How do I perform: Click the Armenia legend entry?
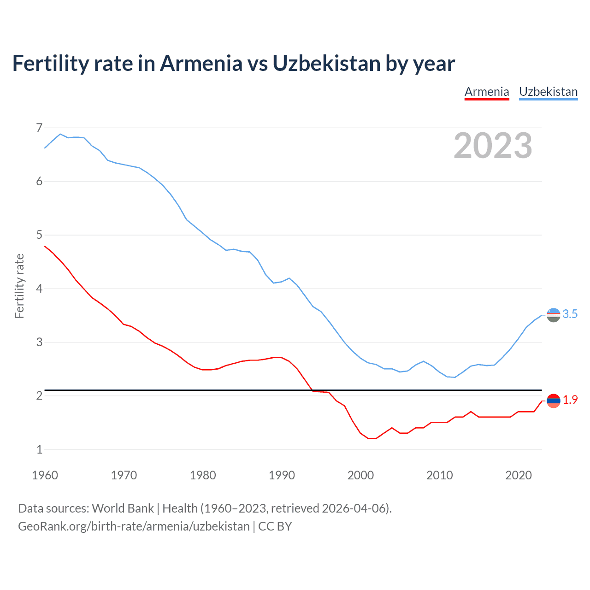point(486,92)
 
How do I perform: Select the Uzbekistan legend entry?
point(548,92)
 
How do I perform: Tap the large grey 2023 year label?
point(493,146)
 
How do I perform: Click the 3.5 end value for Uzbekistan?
point(570,314)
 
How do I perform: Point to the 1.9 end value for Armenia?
point(570,400)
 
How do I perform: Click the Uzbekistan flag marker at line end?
point(553,315)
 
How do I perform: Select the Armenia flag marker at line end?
point(553,401)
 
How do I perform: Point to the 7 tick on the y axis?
point(39,128)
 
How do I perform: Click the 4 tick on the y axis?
point(39,289)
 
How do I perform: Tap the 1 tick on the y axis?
point(39,449)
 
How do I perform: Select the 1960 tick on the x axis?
point(45,475)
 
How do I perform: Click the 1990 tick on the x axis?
point(282,475)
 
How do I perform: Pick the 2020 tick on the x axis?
point(519,475)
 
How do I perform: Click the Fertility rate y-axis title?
point(19,286)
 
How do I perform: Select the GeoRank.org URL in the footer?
point(134,526)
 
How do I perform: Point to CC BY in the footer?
point(275,526)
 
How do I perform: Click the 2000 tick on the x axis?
point(360,475)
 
